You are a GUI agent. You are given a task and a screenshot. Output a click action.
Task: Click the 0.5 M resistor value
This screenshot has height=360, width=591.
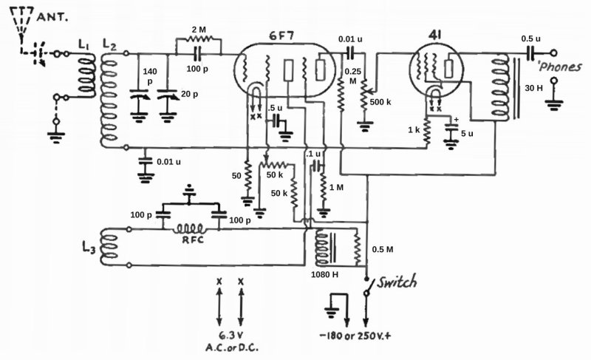384,248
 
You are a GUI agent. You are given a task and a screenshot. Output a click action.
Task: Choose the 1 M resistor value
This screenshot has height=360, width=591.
336,188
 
